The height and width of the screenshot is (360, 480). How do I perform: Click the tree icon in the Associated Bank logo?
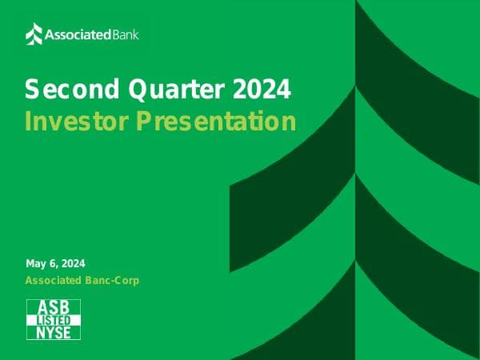(x=34, y=34)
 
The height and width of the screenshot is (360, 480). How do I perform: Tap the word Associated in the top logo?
(x=72, y=34)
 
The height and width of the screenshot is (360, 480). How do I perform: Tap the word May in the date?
(x=36, y=264)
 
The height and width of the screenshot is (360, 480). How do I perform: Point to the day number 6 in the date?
(x=54, y=264)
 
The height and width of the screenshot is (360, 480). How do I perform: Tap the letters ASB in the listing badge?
(x=54, y=307)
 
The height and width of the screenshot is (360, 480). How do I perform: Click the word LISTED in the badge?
(x=54, y=320)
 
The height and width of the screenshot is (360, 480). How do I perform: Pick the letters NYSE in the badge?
(x=54, y=333)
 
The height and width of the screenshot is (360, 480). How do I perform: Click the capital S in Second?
(x=32, y=89)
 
